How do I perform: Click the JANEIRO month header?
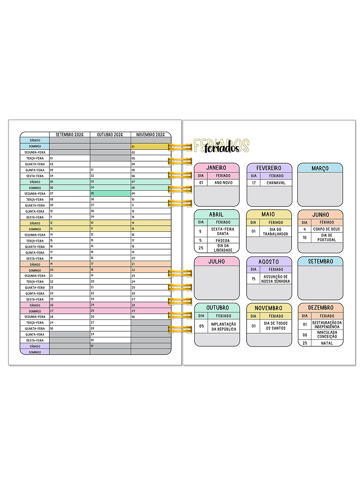(x=216, y=168)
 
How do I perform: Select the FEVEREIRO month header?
(x=269, y=168)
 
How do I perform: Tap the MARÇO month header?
(x=320, y=168)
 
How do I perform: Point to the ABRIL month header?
(x=216, y=214)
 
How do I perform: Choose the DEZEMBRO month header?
(x=320, y=308)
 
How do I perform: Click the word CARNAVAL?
(x=276, y=183)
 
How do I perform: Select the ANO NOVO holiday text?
(x=223, y=183)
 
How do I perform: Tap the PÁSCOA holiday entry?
(x=223, y=240)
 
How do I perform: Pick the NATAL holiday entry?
(x=327, y=343)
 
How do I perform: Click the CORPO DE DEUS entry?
(x=327, y=229)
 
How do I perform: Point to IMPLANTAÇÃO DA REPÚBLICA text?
(x=223, y=326)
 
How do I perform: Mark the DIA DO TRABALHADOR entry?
(x=276, y=232)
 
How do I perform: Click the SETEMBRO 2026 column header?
(x=70, y=135)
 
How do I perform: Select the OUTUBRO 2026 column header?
(x=110, y=135)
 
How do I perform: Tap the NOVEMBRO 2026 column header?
(x=150, y=135)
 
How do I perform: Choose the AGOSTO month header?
(x=269, y=261)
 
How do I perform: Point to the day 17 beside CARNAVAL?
(x=254, y=183)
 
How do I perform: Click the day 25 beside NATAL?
(x=304, y=343)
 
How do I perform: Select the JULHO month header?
(x=216, y=261)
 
